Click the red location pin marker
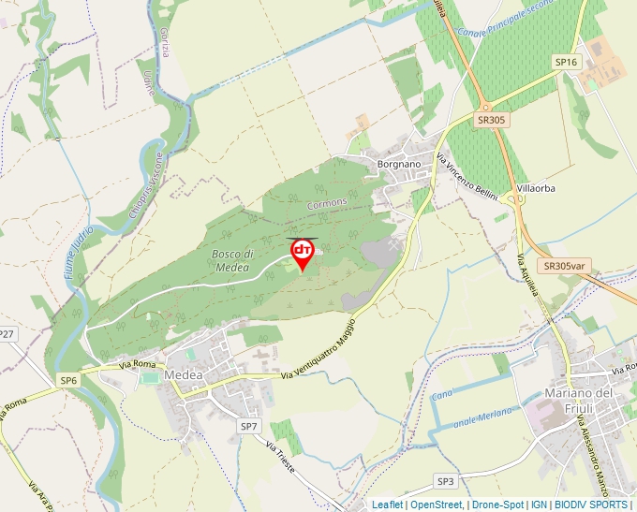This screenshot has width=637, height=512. (x=303, y=252)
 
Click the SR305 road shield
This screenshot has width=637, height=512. (x=491, y=120)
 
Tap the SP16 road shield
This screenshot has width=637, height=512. (x=567, y=62)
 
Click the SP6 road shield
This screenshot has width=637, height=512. (x=69, y=380)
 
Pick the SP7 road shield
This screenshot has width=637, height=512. (x=248, y=426)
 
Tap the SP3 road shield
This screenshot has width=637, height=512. (x=445, y=481)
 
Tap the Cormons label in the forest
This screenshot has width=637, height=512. (x=327, y=202)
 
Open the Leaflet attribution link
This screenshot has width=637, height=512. (x=387, y=505)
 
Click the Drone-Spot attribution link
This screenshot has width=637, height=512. (x=497, y=505)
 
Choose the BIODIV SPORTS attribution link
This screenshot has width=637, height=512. (x=592, y=505)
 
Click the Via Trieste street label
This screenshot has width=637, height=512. (x=280, y=457)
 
